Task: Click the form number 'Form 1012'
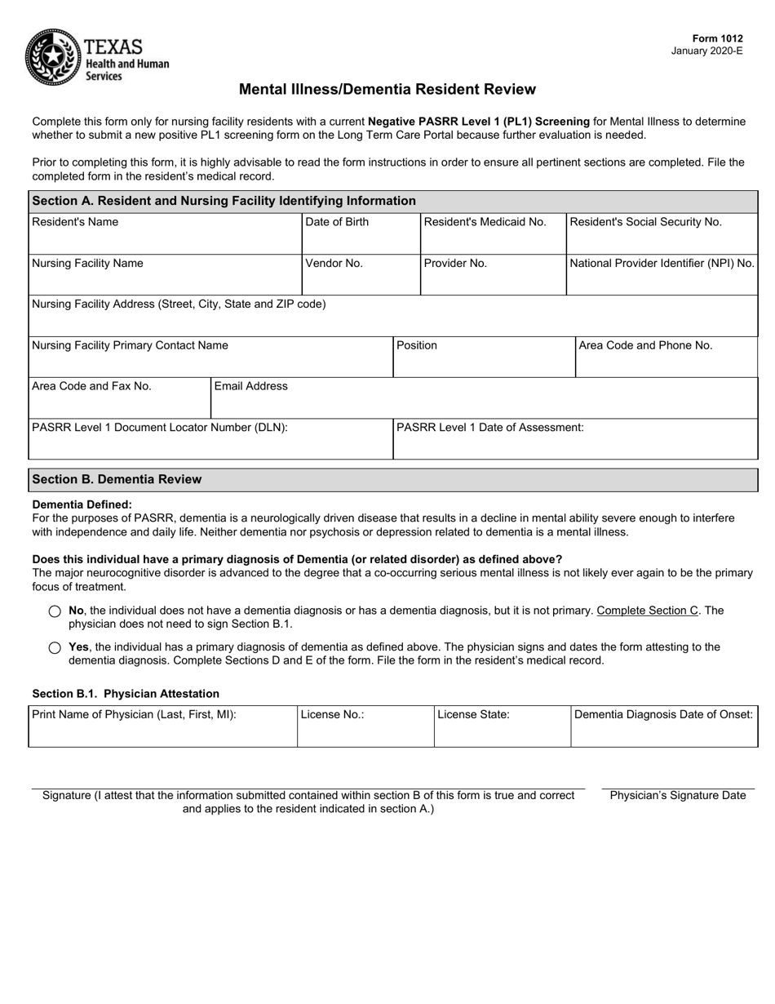[717, 38]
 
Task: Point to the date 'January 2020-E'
[706, 51]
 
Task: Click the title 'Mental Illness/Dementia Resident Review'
[387, 90]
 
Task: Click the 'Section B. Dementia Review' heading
[117, 479]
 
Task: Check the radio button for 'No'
[55, 611]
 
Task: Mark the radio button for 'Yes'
[55, 648]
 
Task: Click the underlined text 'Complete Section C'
[648, 611]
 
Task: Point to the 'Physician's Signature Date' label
[678, 796]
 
